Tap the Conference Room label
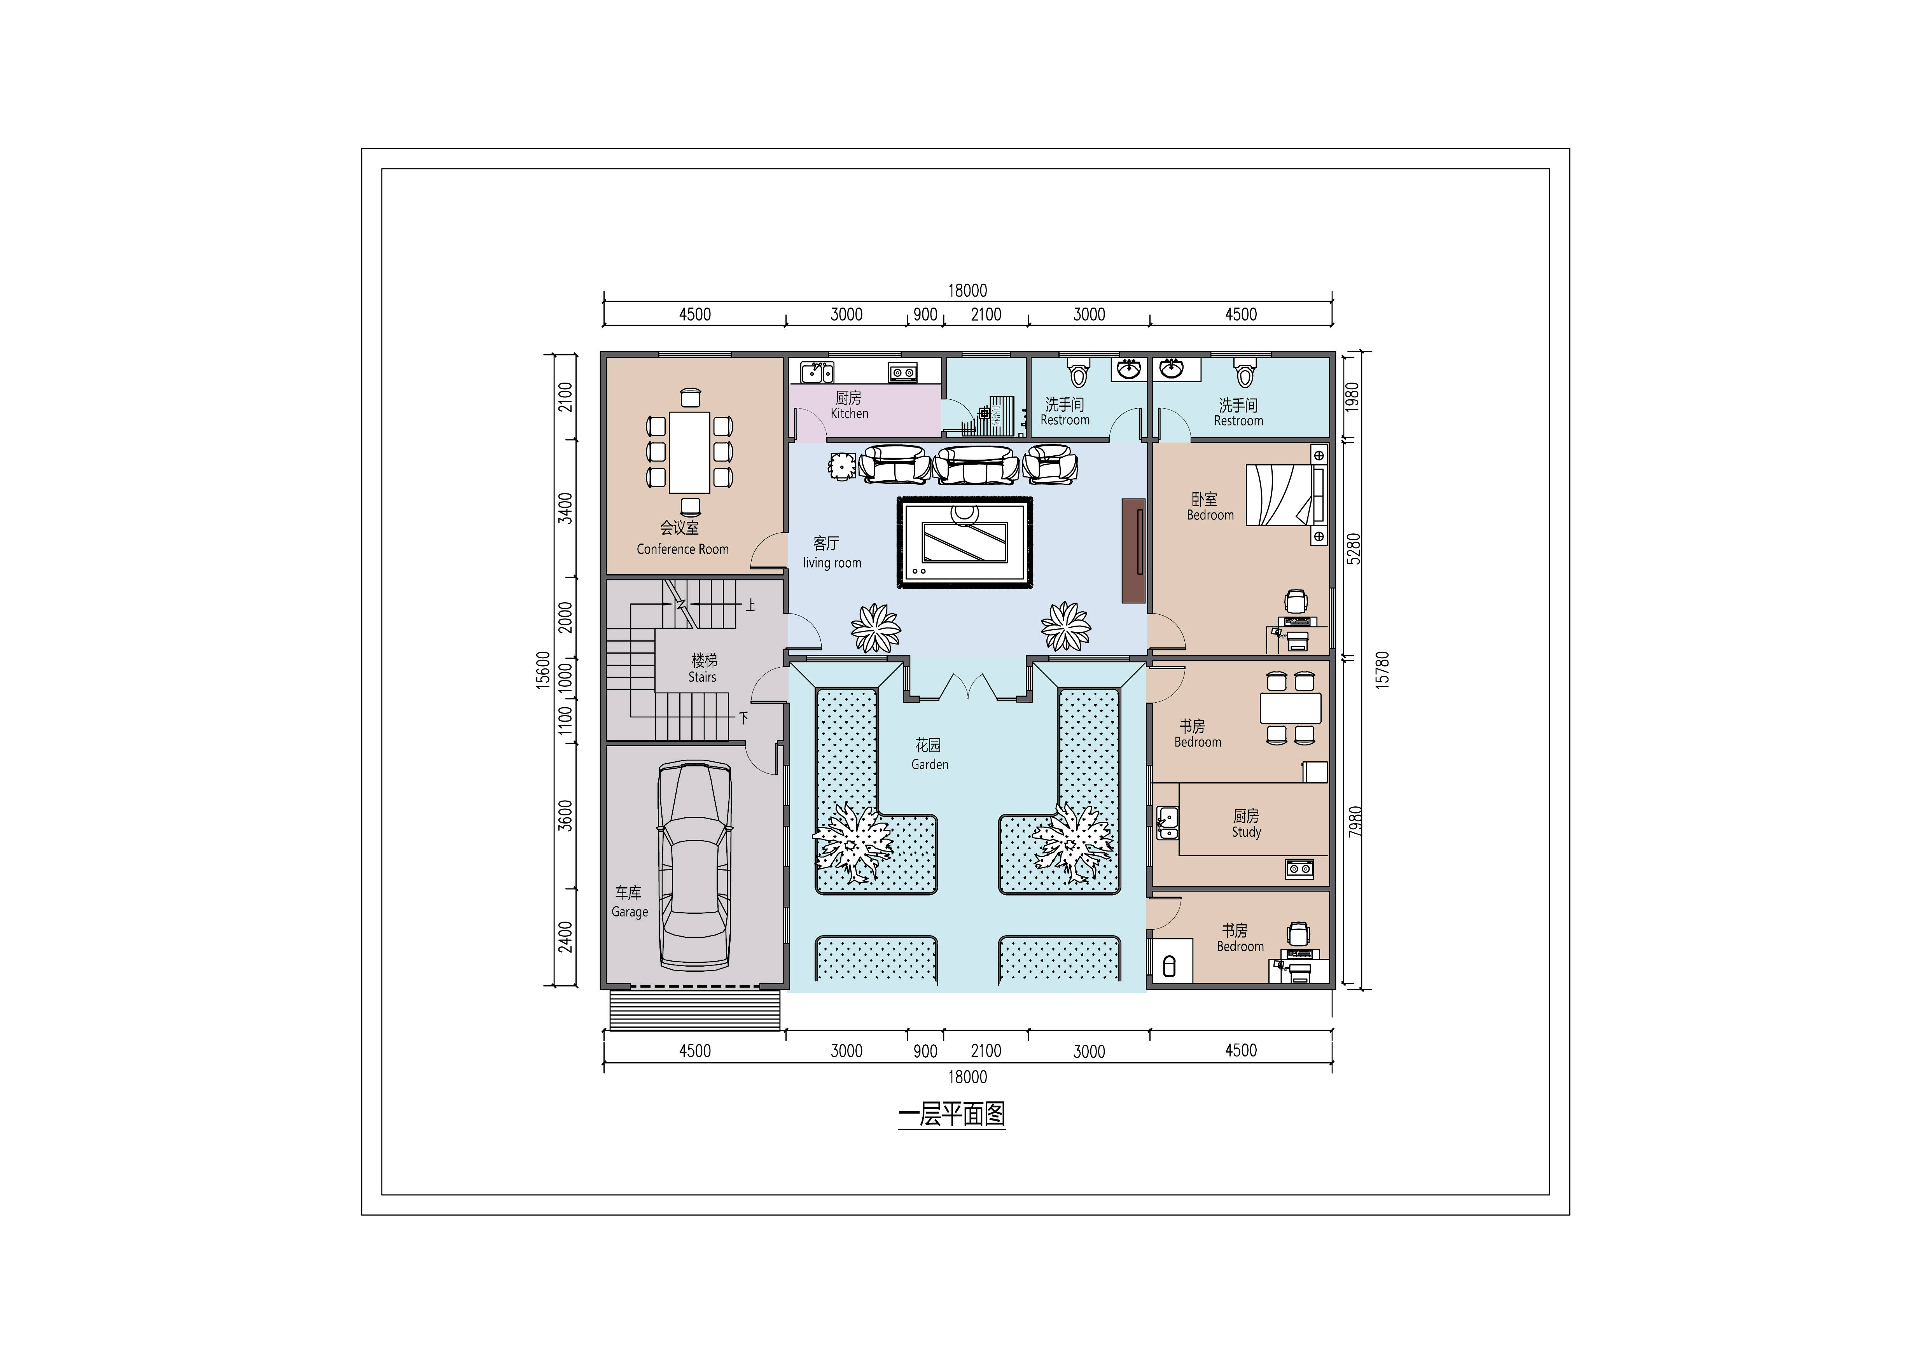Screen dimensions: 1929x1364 tap(682, 549)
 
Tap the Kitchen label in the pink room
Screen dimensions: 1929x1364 tap(849, 413)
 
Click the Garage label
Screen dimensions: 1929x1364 tap(629, 912)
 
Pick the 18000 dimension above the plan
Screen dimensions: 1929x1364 tap(968, 290)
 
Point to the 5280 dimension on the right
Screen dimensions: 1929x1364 tap(1354, 549)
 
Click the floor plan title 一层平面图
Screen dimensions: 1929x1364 tap(952, 1114)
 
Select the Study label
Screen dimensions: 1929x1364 tap(1247, 832)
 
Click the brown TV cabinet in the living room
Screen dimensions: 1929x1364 tap(1133, 551)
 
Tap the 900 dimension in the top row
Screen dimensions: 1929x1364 tap(925, 314)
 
